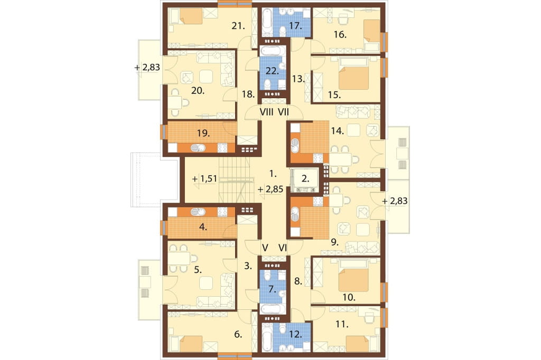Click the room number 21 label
click(238, 25)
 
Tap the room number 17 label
click(296, 25)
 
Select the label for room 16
click(340, 34)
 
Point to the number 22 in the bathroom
click(272, 71)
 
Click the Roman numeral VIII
click(266, 112)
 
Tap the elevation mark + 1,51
click(204, 178)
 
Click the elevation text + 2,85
click(270, 189)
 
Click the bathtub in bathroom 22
click(273, 51)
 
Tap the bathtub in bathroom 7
click(273, 309)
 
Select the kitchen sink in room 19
click(198, 148)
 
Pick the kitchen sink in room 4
click(198, 211)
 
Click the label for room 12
click(296, 334)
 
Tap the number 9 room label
click(334, 242)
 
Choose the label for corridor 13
click(299, 79)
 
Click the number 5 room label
click(198, 269)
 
